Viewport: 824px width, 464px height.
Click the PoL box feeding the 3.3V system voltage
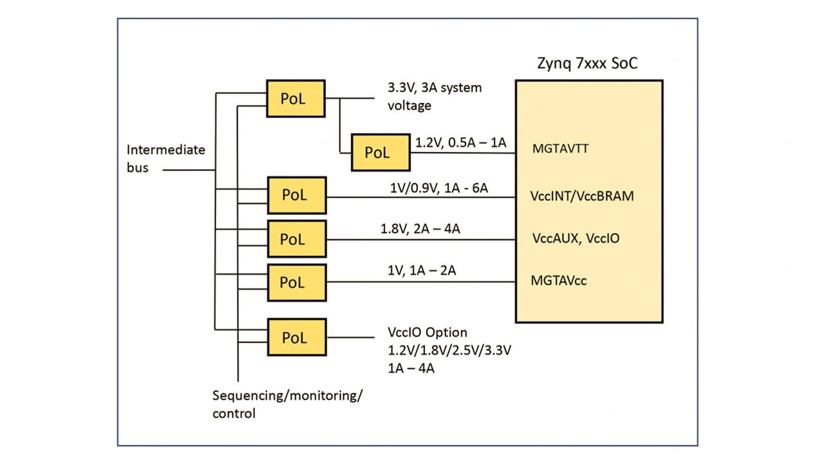[295, 98]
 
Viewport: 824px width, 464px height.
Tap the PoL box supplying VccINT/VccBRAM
[296, 195]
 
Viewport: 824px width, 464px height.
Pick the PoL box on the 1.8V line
[296, 239]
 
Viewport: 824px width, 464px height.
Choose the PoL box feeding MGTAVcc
[296, 283]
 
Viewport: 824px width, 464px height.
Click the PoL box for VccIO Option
[296, 337]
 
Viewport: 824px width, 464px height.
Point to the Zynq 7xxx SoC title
[587, 64]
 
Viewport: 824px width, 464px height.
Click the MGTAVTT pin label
[560, 149]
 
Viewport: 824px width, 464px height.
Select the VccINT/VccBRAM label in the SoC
[582, 196]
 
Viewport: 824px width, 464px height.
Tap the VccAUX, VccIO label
[576, 238]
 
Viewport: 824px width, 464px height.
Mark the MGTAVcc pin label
[558, 281]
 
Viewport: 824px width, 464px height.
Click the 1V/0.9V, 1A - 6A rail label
[438, 188]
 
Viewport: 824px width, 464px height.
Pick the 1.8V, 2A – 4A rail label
[420, 228]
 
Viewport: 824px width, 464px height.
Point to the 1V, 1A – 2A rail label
[422, 271]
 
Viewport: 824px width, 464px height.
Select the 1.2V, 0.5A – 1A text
[461, 142]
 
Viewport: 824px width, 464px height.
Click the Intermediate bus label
[165, 158]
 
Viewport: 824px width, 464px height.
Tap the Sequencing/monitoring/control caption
[287, 404]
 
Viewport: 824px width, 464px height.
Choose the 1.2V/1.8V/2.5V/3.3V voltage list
[449, 351]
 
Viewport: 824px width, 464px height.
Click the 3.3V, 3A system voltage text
[434, 96]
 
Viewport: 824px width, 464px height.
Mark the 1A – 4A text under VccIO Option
[411, 369]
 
